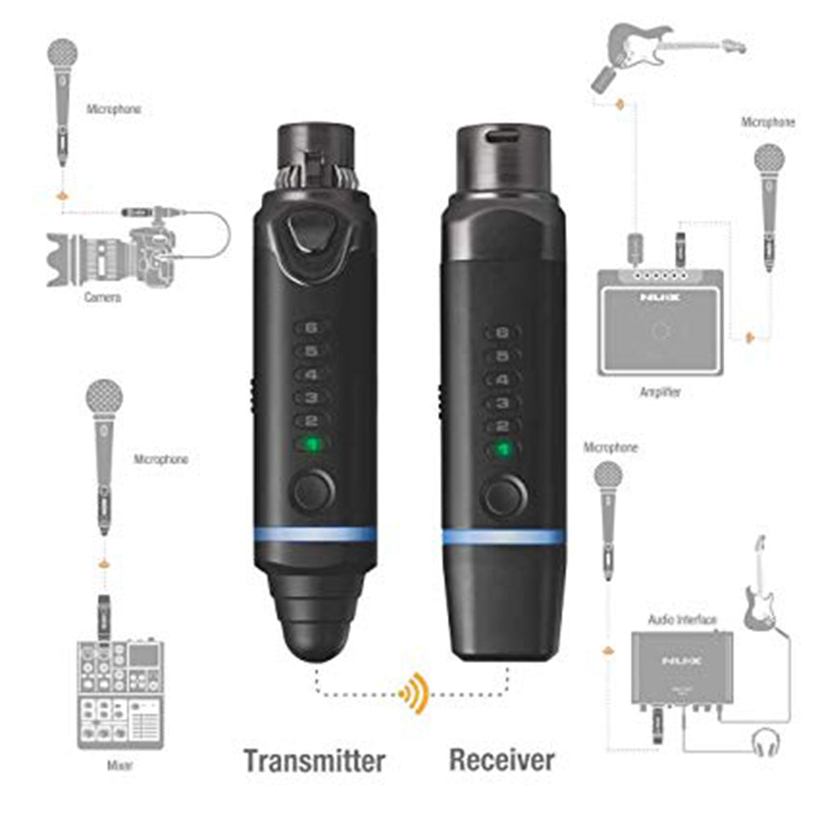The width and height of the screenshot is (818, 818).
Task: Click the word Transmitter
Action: click(314, 760)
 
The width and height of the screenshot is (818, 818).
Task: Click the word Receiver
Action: click(501, 759)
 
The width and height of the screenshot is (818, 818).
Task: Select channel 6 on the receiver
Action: click(503, 333)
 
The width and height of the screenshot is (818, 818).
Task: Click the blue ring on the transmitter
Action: click(314, 536)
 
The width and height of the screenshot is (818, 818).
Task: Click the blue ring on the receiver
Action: click(503, 537)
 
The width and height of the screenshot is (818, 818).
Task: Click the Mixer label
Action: click(121, 766)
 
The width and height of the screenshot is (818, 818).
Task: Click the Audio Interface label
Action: click(683, 619)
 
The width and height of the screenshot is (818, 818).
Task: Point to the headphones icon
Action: click(766, 742)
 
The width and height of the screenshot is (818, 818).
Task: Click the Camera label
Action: click(103, 298)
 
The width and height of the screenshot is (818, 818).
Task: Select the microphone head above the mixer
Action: click(104, 399)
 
